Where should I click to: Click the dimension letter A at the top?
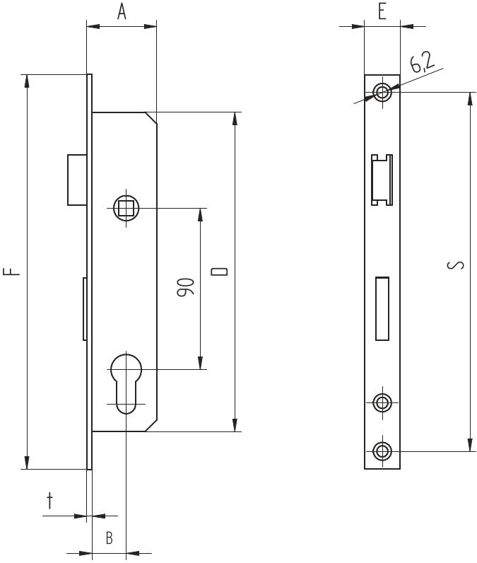(122, 12)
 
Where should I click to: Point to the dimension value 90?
(185, 288)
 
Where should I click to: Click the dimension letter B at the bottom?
(109, 538)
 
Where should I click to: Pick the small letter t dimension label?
(49, 501)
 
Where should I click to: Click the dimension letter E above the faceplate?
(382, 12)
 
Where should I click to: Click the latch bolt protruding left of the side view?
(76, 180)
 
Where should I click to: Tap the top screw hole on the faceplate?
(382, 92)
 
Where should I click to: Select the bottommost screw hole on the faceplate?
(382, 450)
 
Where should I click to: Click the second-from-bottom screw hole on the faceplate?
(382, 402)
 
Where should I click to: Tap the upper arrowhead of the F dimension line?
(27, 80)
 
